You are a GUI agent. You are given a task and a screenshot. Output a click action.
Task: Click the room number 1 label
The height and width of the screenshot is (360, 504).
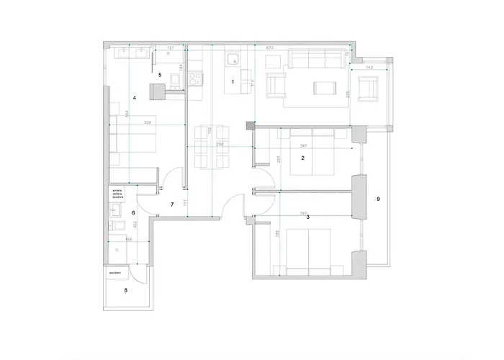coord(233,82)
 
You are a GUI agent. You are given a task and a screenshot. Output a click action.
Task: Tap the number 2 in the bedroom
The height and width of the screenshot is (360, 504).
coord(303,158)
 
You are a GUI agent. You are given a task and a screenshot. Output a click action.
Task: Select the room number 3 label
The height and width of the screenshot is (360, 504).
coord(307,217)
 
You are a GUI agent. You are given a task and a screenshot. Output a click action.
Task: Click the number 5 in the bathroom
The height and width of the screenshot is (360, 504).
coord(160,74)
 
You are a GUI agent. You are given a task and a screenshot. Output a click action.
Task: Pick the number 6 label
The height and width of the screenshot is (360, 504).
coord(134,212)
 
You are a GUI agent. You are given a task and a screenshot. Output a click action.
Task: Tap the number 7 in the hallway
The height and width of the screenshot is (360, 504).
coord(172,205)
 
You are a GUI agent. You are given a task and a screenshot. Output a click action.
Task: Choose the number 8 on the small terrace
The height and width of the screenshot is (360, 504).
coord(126,291)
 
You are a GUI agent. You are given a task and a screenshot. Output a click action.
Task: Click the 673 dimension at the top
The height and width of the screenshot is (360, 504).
coord(271,47)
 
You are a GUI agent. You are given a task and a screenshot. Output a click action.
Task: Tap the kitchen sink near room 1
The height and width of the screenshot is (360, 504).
coord(233,59)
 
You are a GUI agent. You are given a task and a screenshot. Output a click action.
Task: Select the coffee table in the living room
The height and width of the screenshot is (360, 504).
coord(324,88)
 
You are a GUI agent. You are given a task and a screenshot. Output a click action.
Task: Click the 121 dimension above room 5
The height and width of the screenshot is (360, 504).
coord(171,48)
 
